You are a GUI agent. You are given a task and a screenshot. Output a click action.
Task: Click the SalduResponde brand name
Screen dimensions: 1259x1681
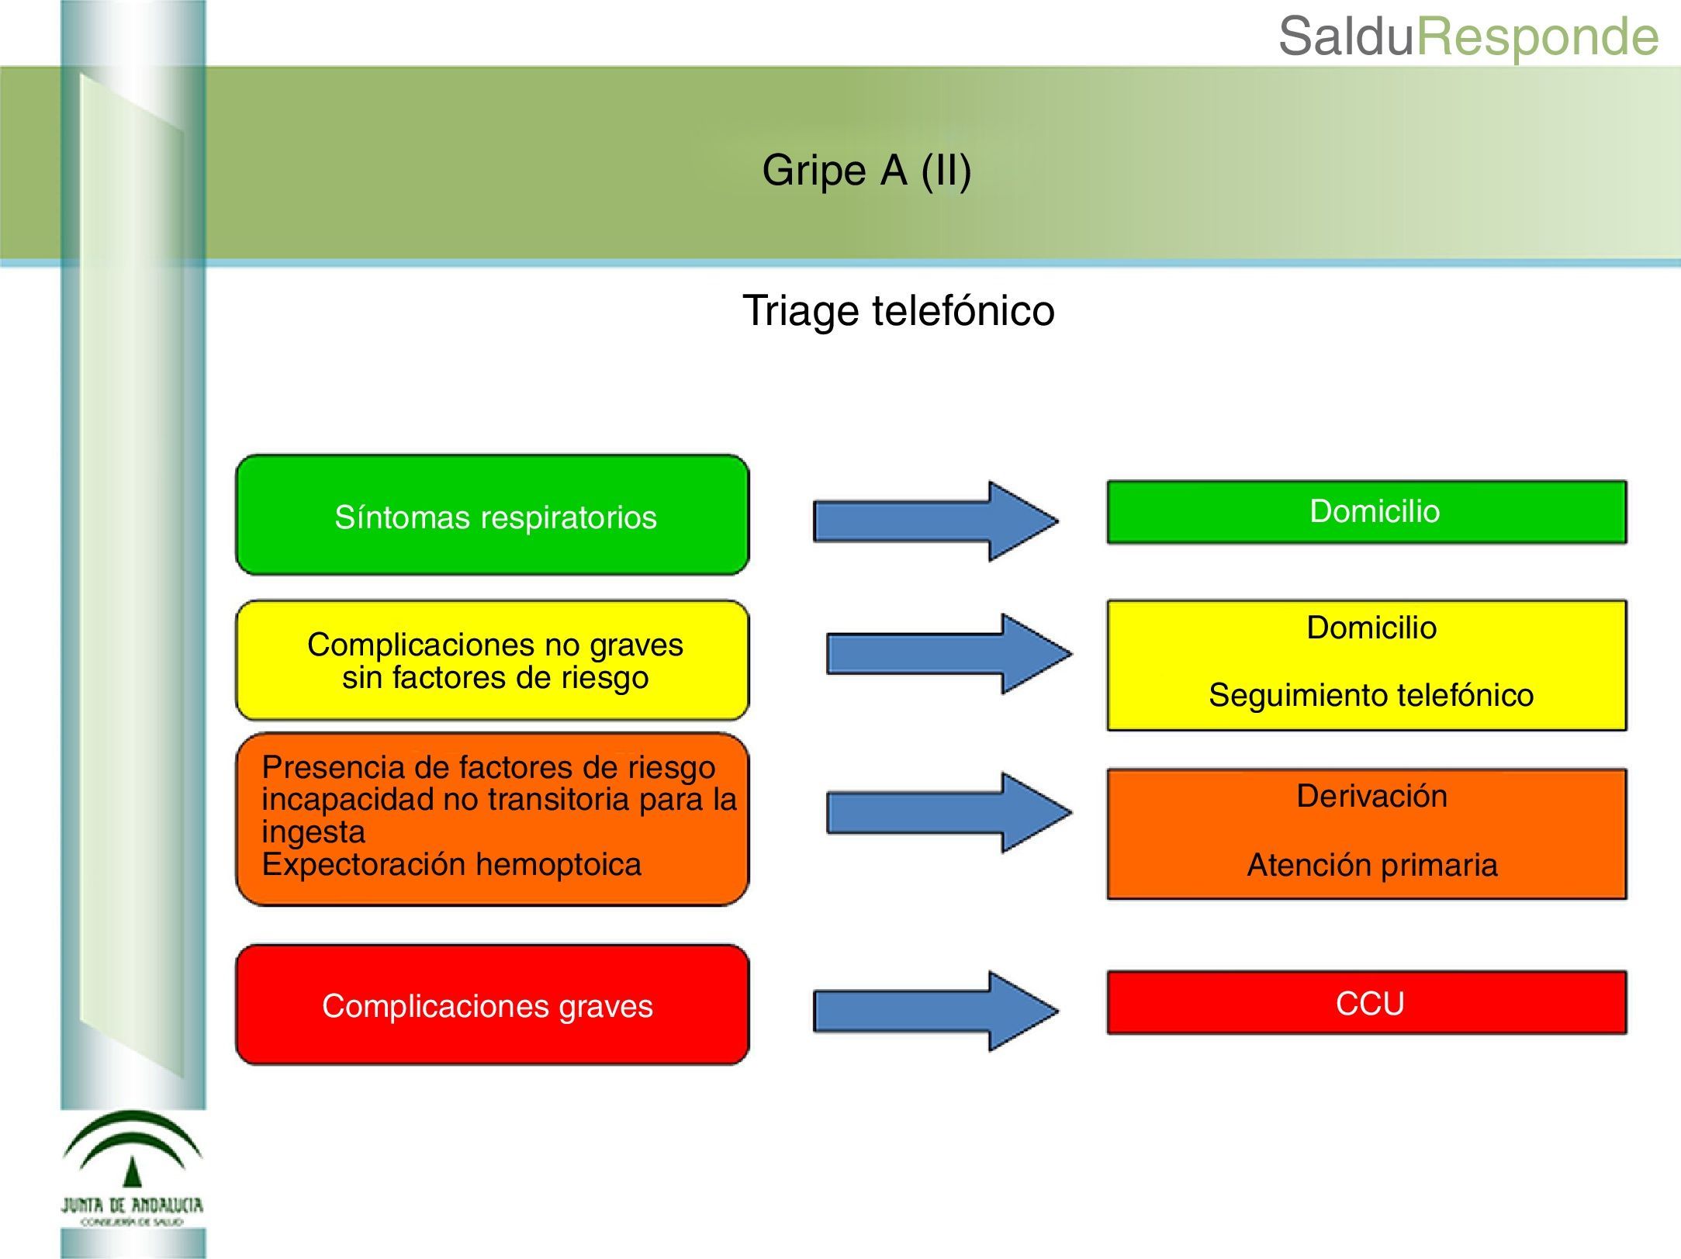tap(1468, 36)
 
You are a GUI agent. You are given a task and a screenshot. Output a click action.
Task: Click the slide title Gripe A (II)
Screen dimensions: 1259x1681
tap(866, 171)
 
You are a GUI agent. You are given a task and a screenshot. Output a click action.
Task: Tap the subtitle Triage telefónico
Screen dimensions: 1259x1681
tap(898, 311)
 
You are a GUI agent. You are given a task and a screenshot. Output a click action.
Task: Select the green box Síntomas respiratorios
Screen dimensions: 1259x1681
tap(493, 516)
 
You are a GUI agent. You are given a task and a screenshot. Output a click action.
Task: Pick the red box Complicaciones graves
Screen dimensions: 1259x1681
tap(493, 1005)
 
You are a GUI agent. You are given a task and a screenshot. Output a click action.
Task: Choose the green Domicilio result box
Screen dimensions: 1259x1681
tap(1366, 512)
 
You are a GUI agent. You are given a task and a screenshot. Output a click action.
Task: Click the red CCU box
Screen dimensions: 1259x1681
tap(1366, 1002)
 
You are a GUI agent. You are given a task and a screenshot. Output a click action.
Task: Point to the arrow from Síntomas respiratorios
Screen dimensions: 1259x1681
tap(936, 521)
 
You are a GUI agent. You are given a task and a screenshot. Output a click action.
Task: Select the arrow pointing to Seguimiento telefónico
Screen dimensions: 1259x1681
tap(949, 654)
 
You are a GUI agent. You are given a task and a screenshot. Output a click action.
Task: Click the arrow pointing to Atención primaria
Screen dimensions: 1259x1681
tap(949, 813)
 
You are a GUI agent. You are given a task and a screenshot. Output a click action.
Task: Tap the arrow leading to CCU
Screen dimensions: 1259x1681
tap(936, 1012)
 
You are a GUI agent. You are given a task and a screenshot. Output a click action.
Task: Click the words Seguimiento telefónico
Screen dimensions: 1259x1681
tap(1371, 695)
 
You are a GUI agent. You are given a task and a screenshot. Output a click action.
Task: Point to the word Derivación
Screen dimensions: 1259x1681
tap(1371, 797)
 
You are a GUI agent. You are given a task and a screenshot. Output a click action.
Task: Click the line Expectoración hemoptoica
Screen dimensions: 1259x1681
tap(451, 865)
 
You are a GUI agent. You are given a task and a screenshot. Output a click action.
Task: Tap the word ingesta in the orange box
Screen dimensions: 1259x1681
tap(313, 832)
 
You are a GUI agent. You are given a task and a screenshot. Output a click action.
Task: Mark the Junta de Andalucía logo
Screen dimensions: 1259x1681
tap(133, 1168)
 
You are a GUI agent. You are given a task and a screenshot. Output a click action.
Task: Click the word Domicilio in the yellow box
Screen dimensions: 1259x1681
tap(1371, 628)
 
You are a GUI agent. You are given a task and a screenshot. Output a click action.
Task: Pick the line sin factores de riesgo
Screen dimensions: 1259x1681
tap(495, 678)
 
